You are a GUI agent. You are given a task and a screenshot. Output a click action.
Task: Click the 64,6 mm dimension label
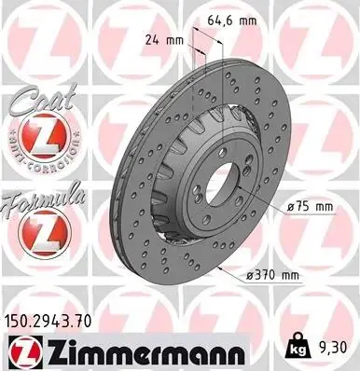(232, 21)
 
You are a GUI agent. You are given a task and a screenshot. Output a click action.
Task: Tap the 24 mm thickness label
(164, 40)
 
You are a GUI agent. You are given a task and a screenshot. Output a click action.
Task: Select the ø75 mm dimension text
(310, 207)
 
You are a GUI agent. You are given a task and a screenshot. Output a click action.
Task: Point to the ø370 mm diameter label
(272, 275)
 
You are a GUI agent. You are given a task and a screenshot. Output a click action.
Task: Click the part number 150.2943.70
(48, 322)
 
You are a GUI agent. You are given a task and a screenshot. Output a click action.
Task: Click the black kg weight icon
(298, 346)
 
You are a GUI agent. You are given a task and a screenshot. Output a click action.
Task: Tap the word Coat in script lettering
(44, 99)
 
